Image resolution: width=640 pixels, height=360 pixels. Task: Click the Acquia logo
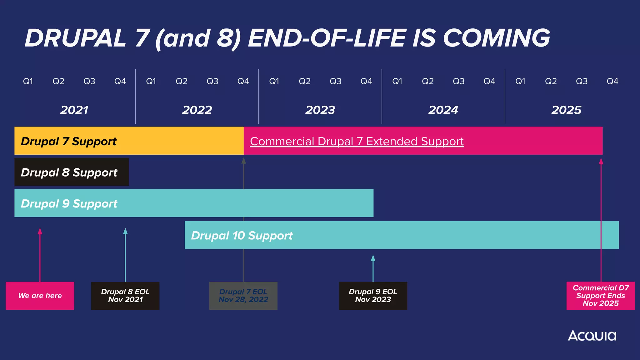[x=592, y=336]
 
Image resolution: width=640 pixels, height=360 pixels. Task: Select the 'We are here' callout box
[x=40, y=296]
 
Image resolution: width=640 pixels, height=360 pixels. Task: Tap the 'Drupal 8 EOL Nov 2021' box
[x=125, y=296]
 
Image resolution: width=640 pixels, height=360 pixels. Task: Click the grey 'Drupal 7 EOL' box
[x=243, y=296]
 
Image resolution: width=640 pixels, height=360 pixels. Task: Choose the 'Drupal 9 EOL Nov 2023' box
[x=373, y=296]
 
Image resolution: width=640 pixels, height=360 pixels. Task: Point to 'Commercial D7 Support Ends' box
[x=600, y=296]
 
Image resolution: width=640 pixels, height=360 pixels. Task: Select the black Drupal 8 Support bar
[x=71, y=172]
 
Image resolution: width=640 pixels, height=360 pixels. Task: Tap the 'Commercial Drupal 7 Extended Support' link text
[x=357, y=141]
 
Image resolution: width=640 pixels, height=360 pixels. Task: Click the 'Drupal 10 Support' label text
[x=242, y=235]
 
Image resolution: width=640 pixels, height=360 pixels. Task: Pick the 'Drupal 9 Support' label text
[x=69, y=203]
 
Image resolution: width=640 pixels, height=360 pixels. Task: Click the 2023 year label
[x=320, y=110]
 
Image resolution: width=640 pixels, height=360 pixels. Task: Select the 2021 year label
[x=74, y=110]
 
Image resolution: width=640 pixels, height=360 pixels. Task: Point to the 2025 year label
[x=566, y=110]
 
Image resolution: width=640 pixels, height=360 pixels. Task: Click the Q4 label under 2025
[x=612, y=81]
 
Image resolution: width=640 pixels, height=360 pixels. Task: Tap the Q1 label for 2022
[x=151, y=81]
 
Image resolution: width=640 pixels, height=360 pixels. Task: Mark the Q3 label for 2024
[x=458, y=81]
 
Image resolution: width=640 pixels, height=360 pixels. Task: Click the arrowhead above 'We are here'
[x=40, y=231]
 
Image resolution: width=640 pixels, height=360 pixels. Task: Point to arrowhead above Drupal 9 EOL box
[x=373, y=258]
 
